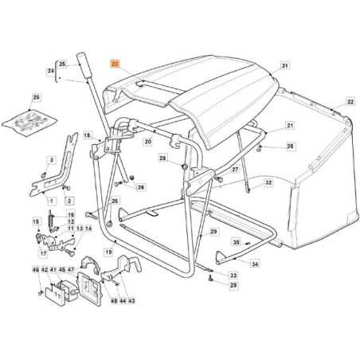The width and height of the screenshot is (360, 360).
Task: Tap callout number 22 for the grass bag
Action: click(x=350, y=103)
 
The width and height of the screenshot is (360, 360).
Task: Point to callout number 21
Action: click(x=290, y=126)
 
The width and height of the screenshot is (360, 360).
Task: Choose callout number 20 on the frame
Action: click(x=148, y=141)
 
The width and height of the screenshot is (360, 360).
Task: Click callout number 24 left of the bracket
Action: click(x=51, y=71)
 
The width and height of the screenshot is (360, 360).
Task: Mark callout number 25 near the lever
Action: click(x=61, y=63)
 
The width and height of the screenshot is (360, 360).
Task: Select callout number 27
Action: click(x=235, y=170)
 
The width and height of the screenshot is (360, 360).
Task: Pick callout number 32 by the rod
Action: click(x=268, y=182)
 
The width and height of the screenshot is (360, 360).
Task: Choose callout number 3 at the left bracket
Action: click(x=50, y=161)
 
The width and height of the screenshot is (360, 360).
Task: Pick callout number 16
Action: click(x=70, y=215)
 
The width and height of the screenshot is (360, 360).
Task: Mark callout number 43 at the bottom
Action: click(x=132, y=300)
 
